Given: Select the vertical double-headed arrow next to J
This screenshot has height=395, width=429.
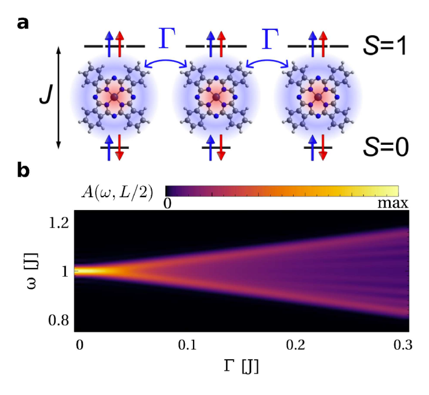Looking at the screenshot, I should point(58,98).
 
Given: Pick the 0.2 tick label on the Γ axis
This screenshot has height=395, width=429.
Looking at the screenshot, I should point(296,344).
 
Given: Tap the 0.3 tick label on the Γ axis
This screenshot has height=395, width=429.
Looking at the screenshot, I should point(403,344).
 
